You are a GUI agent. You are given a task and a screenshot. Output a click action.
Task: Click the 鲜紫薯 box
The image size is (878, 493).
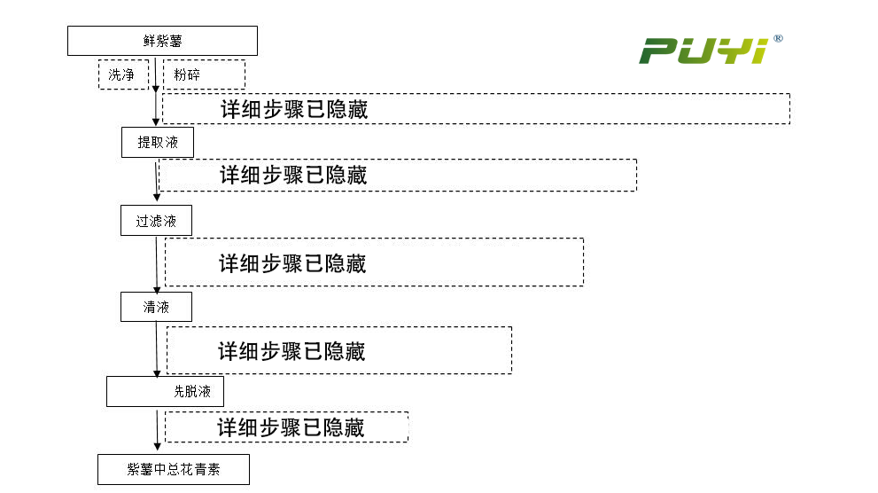[162, 41]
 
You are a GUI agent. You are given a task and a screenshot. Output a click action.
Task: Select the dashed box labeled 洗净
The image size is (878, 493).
[122, 74]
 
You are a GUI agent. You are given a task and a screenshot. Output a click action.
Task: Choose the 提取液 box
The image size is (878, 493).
[157, 142]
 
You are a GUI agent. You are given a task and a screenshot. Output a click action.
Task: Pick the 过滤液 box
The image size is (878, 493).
[156, 221]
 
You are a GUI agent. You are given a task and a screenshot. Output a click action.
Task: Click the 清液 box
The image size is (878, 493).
[156, 307]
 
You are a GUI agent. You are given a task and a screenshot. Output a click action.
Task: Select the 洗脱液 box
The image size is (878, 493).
[165, 391]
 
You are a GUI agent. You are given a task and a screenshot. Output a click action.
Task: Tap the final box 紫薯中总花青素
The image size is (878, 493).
[174, 470]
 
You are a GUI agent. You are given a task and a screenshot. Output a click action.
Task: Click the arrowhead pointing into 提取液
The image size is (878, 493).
[157, 122]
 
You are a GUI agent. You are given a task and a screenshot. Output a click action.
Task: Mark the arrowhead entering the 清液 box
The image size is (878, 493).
[158, 288]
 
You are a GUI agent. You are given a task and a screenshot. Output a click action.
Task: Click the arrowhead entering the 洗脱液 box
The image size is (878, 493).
[158, 372]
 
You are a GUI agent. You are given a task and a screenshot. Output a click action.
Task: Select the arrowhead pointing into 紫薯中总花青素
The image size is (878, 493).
[158, 450]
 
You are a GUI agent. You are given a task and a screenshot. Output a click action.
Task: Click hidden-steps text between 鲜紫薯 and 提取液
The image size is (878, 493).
[294, 109]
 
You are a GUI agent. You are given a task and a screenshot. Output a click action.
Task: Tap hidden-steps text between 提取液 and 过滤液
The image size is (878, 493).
[293, 175]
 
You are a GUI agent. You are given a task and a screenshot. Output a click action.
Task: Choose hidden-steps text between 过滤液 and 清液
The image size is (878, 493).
[292, 263]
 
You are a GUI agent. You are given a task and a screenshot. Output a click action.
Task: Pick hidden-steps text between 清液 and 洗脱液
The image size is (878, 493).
[291, 351]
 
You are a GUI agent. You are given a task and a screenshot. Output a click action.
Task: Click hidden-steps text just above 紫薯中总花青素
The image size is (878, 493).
[291, 427]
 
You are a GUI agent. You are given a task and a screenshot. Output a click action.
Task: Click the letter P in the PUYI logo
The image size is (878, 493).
[659, 51]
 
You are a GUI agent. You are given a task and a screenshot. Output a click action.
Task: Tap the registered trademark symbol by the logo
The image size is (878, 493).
[778, 39]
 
